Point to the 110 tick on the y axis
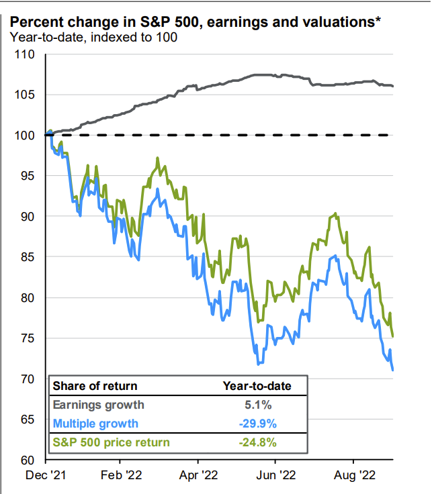pyautogui.click(x=25, y=54)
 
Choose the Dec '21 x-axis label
pyautogui.click(x=45, y=477)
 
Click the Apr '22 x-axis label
pyautogui.click(x=198, y=477)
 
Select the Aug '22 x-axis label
pyautogui.click(x=354, y=477)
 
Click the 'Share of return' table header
pyautogui.click(x=95, y=386)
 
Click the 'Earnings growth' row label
pyautogui.click(x=98, y=405)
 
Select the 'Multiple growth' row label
pyautogui.click(x=95, y=424)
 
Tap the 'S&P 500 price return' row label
pyautogui.click(x=111, y=442)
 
